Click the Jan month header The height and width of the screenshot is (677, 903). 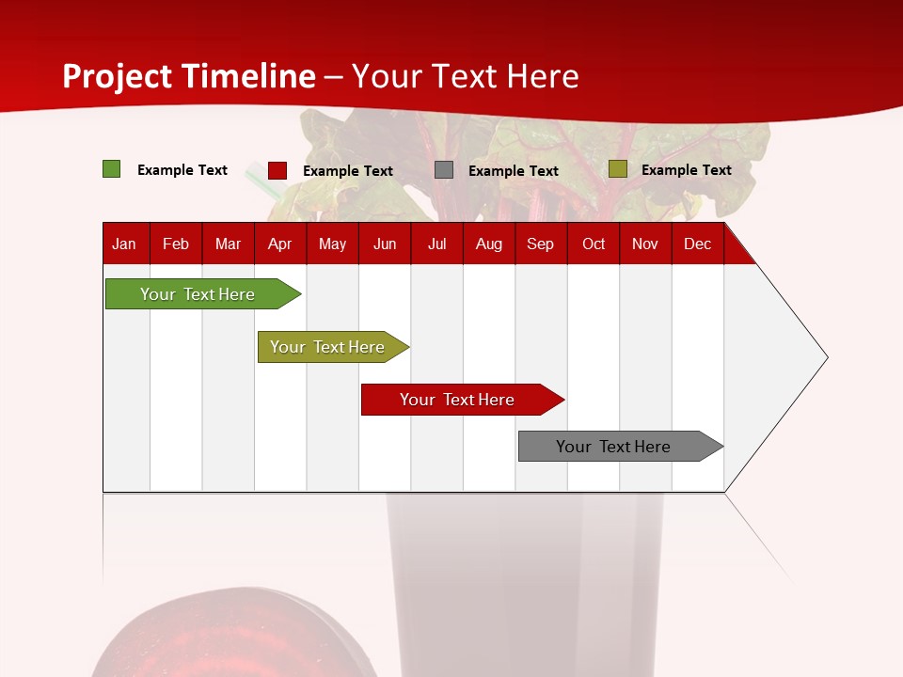[x=124, y=244]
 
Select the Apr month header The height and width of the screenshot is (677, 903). [x=279, y=244]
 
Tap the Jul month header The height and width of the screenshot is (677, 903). [x=436, y=244]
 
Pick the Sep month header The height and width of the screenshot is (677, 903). [x=540, y=244]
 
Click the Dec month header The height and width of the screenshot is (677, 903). [x=697, y=244]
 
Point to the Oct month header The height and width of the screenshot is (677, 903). [x=594, y=244]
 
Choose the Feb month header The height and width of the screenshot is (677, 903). [x=176, y=244]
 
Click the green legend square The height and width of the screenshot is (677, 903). [x=112, y=169]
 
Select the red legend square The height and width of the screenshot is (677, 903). [x=277, y=170]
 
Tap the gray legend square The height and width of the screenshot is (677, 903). [x=444, y=170]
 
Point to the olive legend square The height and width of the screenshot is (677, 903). [x=617, y=169]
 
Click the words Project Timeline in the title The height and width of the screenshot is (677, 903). [x=188, y=76]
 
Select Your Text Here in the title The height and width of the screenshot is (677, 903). [x=466, y=76]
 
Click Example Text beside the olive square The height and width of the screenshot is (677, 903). [x=686, y=170]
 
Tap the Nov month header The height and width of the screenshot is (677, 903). [x=645, y=244]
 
